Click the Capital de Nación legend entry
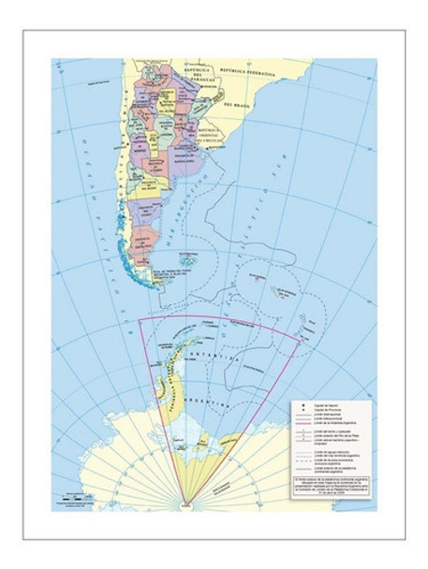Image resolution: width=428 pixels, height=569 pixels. point(323,402)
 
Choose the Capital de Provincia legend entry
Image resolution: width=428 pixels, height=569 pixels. point(323,409)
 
